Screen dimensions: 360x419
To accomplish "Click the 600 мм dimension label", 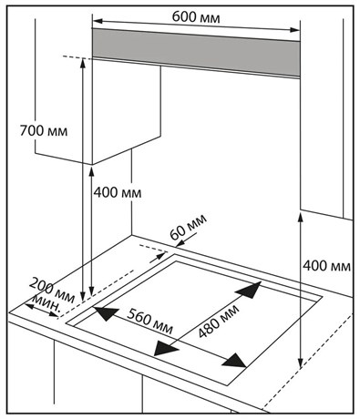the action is coord(196,17).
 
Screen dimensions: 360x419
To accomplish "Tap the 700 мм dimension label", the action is coord(44,131).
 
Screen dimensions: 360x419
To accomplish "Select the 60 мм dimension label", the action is coord(189,226).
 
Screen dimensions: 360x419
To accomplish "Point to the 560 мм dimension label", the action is coord(149,321).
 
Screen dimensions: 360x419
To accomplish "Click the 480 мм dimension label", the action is coord(218,321).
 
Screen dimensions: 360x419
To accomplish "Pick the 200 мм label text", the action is coord(52,290).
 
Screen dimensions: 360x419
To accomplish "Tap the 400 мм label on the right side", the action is coord(326,266).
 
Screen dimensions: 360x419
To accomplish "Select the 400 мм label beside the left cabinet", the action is coord(118,192).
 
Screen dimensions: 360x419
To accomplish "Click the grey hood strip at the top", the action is coord(196,53).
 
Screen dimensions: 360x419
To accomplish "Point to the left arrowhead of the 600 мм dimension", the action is coord(98,21).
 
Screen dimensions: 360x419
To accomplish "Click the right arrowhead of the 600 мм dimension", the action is coord(294,30).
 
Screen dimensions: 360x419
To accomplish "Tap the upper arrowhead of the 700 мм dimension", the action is coord(83,64).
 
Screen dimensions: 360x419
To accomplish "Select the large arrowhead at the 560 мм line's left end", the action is coord(106,313).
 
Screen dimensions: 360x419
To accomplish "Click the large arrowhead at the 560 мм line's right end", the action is coord(234,361).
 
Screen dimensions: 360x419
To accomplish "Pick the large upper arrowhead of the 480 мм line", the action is coord(249,290).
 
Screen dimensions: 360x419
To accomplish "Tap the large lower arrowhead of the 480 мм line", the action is coord(166,348).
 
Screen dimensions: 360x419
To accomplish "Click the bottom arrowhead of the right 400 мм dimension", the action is coord(300,363).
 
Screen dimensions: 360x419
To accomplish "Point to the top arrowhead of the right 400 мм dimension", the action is coord(301,218).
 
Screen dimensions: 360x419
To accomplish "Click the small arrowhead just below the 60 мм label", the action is coord(180,243).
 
